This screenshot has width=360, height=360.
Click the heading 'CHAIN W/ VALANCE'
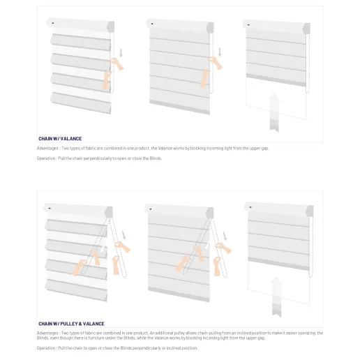click(x=60, y=139)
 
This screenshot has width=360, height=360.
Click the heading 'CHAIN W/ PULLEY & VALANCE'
click(x=71, y=324)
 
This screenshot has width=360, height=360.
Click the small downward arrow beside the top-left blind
click(x=121, y=53)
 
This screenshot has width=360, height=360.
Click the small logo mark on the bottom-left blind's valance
click(x=50, y=208)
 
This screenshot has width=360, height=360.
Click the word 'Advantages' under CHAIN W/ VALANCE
click(x=48, y=149)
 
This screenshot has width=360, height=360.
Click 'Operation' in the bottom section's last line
click(x=47, y=347)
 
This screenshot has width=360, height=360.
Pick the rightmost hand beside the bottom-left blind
click(x=123, y=246)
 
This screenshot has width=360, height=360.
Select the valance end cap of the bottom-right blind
click(x=308, y=209)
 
